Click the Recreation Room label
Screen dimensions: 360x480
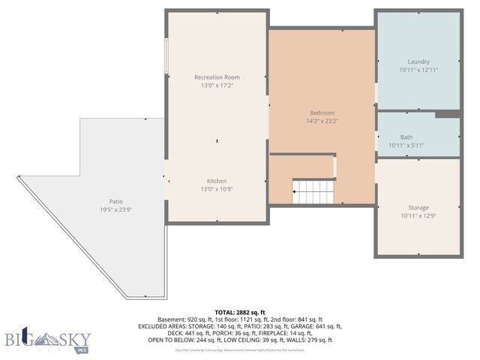[217, 77]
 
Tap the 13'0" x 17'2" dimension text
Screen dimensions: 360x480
[217, 85]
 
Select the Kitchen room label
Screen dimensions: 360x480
[217, 181]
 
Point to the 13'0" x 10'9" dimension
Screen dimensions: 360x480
[217, 189]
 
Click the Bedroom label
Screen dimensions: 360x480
[322, 113]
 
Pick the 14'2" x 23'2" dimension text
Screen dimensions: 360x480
[322, 121]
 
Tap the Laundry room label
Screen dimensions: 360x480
[418, 61]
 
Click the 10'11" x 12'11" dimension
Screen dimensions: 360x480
[418, 70]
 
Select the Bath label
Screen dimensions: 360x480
[406, 137]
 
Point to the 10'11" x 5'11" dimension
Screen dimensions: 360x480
[406, 145]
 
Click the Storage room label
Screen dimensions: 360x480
[418, 208]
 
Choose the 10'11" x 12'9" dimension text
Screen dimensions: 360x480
[418, 216]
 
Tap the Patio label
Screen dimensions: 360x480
[115, 201]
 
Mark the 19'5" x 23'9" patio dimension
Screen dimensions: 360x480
[115, 209]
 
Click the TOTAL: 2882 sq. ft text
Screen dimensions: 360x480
[240, 312]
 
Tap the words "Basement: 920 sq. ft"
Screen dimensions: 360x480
[182, 319]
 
